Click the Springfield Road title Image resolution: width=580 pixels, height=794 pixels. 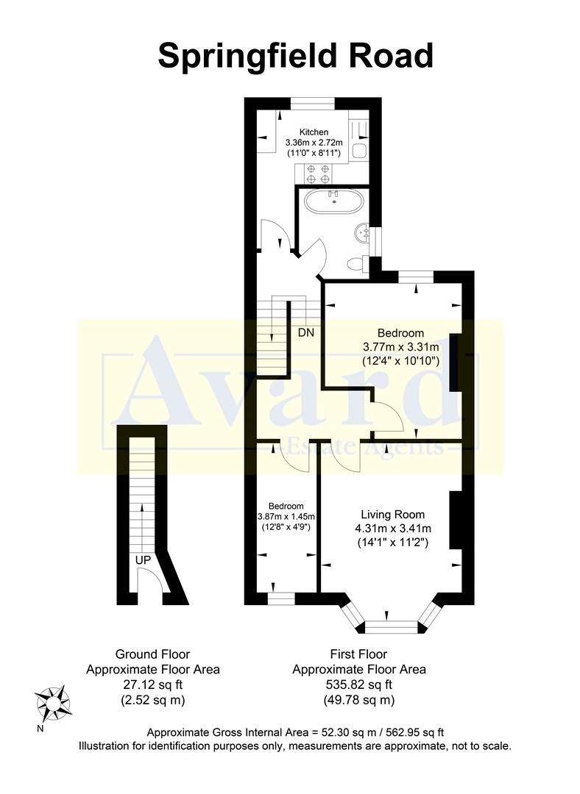coord(296,56)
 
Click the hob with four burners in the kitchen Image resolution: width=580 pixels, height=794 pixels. coord(317,174)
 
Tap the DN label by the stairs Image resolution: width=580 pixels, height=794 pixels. coord(306,332)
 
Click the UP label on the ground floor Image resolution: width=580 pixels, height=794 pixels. coord(143,560)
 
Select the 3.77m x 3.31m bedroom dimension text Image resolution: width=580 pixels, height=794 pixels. coord(400,347)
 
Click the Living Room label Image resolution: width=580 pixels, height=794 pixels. coord(392,515)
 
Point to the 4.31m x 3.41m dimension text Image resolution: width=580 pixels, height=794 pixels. coord(392,529)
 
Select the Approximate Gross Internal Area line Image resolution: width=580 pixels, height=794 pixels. coord(295,732)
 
